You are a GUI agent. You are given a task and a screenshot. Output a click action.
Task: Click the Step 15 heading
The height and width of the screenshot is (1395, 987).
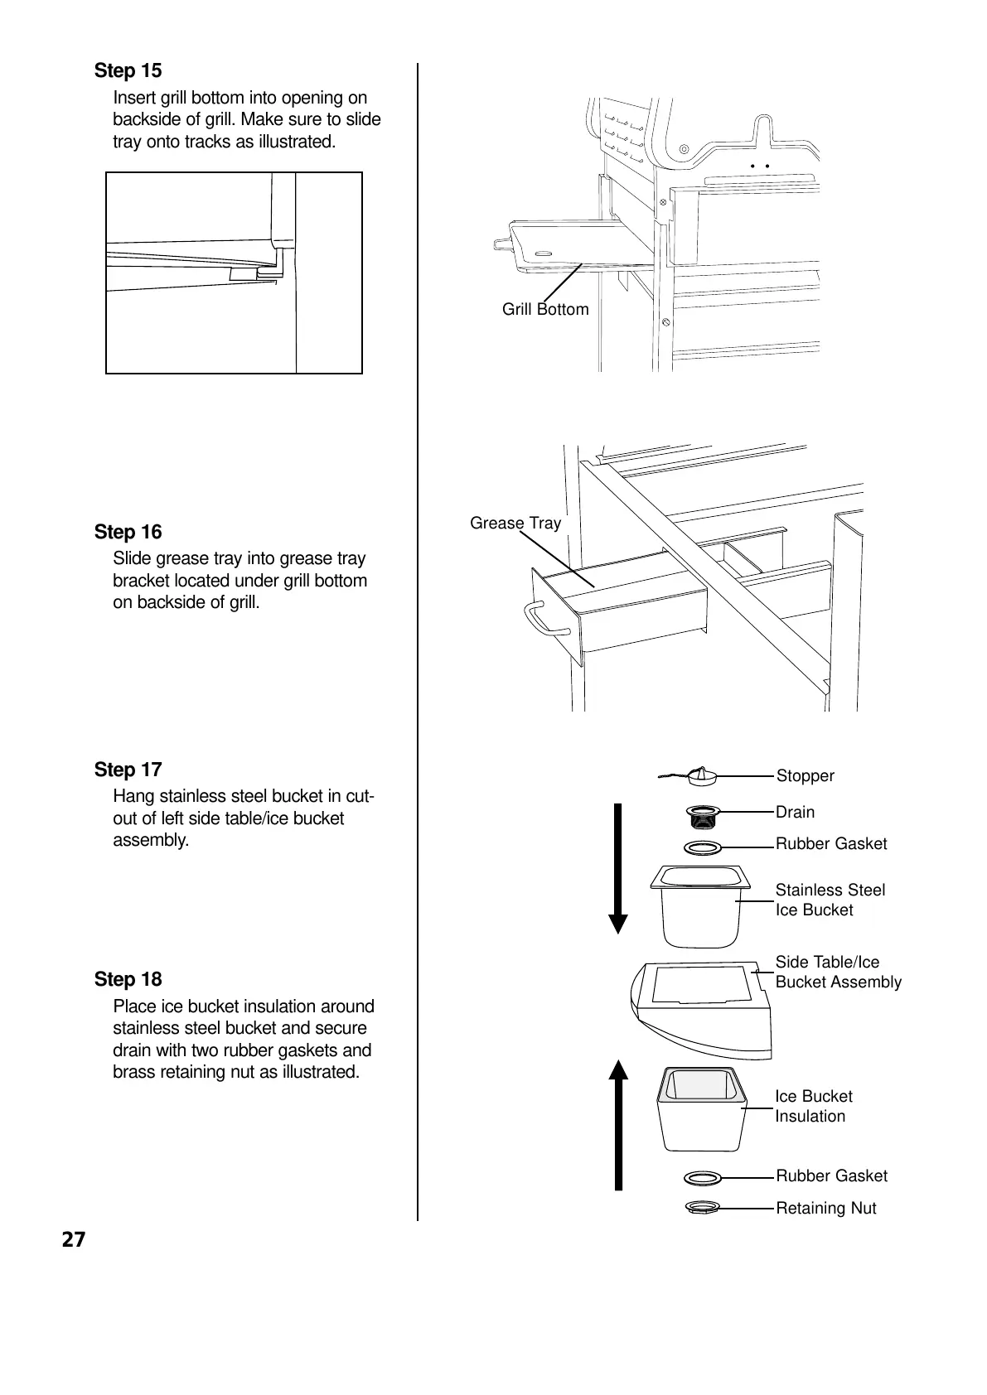pos(128,71)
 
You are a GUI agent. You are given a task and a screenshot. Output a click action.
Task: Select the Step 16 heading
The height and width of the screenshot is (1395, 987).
pos(128,532)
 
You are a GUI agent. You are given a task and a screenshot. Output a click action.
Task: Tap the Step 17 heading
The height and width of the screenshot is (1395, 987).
pos(128,770)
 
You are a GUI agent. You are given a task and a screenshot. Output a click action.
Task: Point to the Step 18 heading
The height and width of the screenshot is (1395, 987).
pos(128,979)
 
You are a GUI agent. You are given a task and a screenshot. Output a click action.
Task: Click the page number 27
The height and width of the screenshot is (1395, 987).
pos(73,1239)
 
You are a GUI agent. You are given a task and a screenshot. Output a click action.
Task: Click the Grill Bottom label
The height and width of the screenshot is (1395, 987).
pos(544,309)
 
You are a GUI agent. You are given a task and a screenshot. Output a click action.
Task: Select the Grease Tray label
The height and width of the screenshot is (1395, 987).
pos(515,523)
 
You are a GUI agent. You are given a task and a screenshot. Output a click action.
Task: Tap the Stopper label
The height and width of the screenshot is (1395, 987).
pos(805,775)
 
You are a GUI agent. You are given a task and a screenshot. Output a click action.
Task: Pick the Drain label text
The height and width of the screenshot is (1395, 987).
pos(795,812)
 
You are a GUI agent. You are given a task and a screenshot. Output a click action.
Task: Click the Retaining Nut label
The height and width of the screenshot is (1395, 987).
pos(825,1208)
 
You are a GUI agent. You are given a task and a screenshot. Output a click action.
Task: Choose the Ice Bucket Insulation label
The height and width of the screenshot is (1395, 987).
pos(813,1106)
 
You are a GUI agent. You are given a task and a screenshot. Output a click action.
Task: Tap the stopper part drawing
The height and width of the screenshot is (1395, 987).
pos(700,776)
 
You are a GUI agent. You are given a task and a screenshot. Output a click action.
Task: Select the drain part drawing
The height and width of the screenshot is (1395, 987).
pos(703,817)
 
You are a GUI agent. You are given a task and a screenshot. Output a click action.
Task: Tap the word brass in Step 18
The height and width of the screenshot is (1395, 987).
pos(134,1072)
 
